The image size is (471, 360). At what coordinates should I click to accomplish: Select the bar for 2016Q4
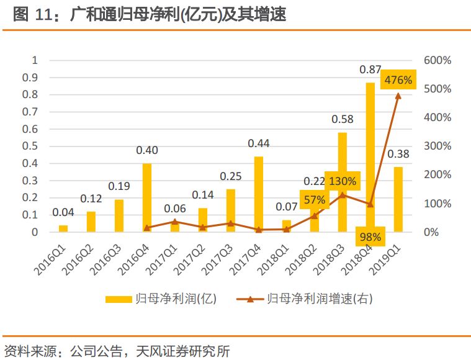click(147, 197)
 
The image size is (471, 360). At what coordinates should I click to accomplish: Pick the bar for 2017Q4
click(259, 194)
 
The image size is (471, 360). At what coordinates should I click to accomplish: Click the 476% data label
click(398, 79)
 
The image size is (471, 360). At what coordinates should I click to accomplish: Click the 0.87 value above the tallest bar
click(370, 70)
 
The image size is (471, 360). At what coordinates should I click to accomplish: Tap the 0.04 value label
click(63, 212)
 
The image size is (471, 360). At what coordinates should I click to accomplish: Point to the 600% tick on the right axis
click(437, 60)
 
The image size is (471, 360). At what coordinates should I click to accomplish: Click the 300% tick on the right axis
click(437, 146)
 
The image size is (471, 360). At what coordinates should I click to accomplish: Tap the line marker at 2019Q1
click(398, 95)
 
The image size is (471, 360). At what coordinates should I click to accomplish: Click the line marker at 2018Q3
click(343, 195)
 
